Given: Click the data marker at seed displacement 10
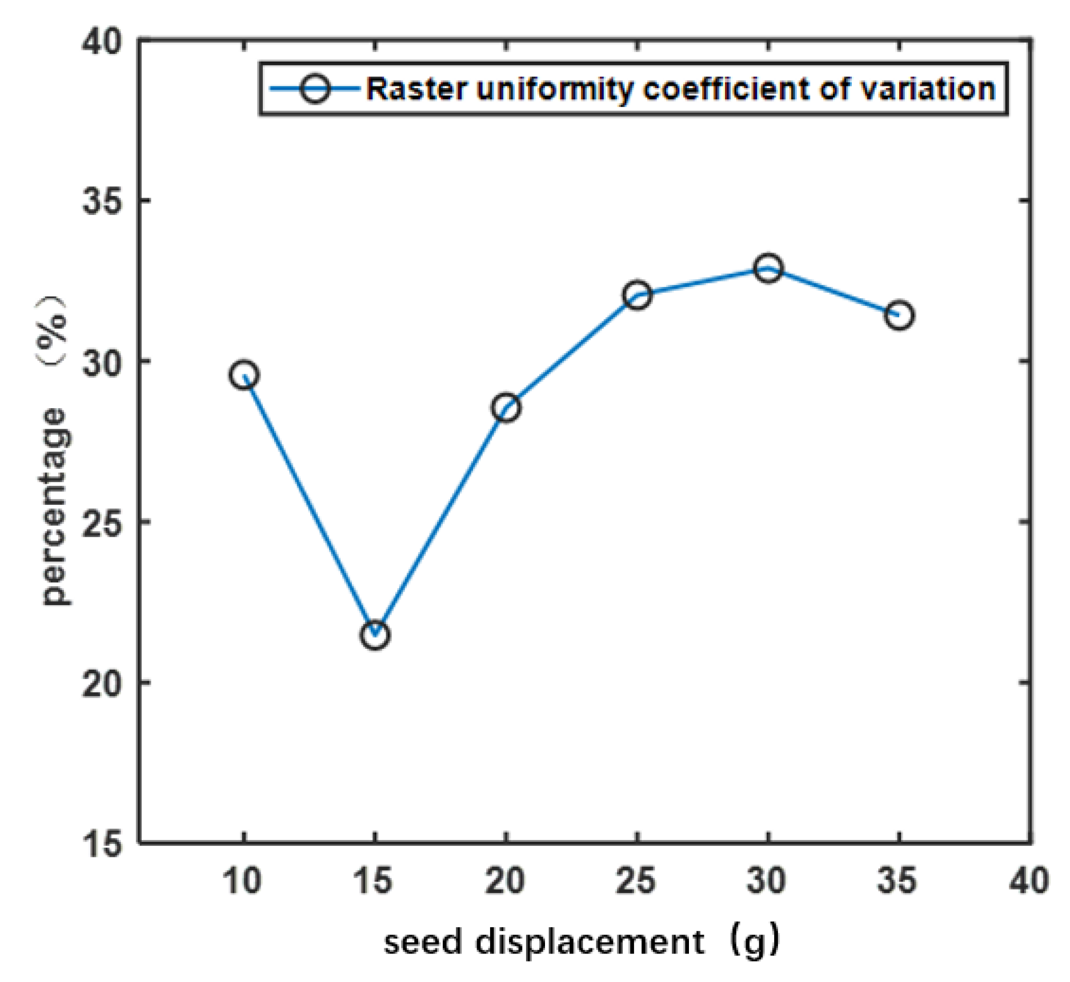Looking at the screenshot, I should coord(244,375).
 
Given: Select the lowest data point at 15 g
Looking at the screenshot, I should coord(375,635).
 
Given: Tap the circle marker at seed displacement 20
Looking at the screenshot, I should coord(506,408).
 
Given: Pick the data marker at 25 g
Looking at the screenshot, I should coord(637,296).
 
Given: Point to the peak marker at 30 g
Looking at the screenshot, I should coord(768,268).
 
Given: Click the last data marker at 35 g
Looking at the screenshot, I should coord(899,315).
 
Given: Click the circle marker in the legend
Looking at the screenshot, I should coord(315,89).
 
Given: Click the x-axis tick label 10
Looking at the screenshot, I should coord(243,881).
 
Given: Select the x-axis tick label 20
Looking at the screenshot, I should coord(505,881).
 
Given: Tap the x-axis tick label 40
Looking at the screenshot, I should coord(1028,881).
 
